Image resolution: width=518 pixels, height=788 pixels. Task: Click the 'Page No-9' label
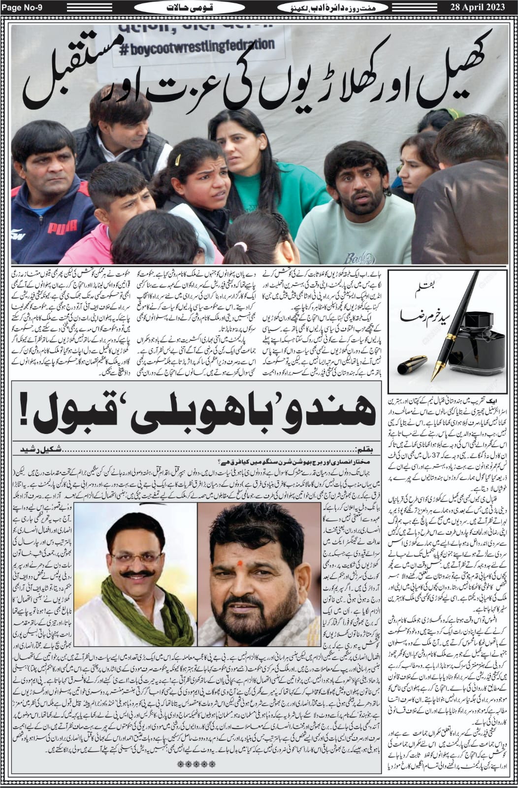21,7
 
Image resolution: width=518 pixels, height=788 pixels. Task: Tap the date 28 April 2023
483,7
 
